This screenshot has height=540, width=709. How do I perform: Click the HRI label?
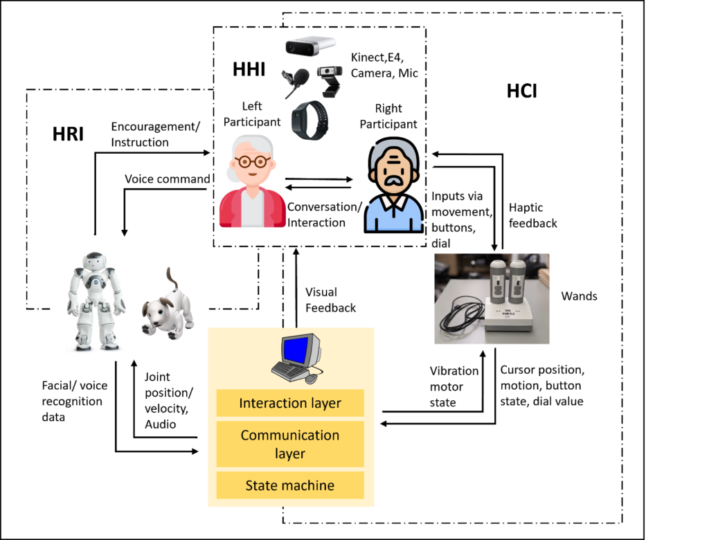pos(68,135)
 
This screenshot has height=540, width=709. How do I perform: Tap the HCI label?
pos(521,91)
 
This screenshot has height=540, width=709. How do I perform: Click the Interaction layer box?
pos(290,403)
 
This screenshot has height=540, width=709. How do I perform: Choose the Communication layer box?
pos(290,444)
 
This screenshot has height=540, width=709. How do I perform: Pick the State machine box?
pos(290,485)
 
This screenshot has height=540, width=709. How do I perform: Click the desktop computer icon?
pos(296,357)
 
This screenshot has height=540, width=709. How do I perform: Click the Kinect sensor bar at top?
pos(310,46)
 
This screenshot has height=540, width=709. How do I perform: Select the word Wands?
pos(580,296)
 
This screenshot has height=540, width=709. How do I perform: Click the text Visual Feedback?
pos(331,300)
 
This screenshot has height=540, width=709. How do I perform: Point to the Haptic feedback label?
pos(533,215)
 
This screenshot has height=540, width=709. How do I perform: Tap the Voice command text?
pos(167,179)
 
